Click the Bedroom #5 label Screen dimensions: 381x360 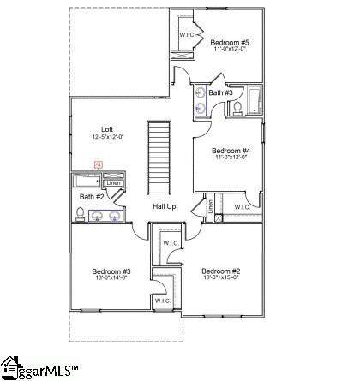click(230, 42)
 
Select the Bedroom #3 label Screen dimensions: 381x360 click(111, 271)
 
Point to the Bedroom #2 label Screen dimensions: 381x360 click(219, 271)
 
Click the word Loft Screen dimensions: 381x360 click(107, 130)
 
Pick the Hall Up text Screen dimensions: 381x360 click(165, 206)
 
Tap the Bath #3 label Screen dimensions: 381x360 click(220, 92)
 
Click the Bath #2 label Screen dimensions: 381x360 click(93, 197)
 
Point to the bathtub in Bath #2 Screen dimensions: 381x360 click(87, 182)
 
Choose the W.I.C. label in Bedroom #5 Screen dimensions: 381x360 click(189, 35)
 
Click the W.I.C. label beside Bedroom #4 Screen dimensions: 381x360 click(243, 206)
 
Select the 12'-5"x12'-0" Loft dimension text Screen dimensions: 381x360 click(108, 138)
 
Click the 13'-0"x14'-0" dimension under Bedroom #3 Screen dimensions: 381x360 click(111, 279)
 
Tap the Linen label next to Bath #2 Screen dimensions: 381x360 click(112, 182)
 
